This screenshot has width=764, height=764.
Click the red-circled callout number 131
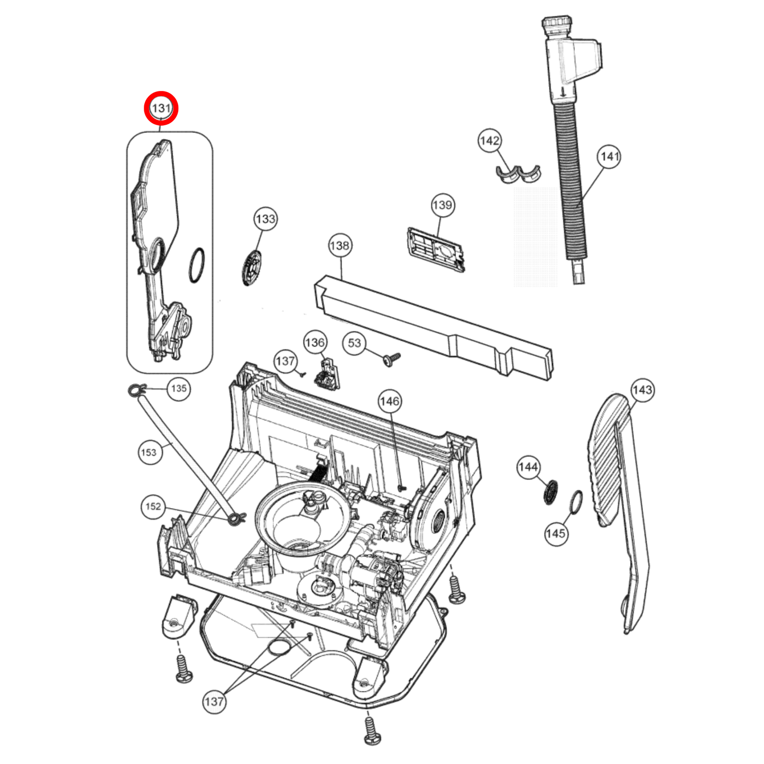[161, 108]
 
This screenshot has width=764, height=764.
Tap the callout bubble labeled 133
[265, 219]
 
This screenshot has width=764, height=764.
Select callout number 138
[339, 245]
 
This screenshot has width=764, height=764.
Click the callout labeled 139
[442, 205]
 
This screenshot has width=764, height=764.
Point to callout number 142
[490, 141]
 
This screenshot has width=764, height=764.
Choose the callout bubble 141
[609, 157]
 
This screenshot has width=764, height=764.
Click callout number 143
[642, 390]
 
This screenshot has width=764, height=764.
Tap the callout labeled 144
[528, 467]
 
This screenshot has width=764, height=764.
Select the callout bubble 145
[556, 533]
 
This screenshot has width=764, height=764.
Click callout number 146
[390, 401]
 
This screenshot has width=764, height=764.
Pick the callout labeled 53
[354, 343]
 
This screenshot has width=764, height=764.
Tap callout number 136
[315, 343]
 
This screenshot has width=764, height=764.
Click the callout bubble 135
[179, 389]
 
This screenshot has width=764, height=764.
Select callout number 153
[149, 453]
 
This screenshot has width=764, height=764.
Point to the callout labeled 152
[153, 507]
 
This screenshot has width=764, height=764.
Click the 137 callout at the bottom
[214, 702]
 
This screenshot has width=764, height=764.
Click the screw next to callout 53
[392, 358]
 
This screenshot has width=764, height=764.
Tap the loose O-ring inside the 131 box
[197, 266]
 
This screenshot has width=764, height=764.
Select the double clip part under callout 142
[518, 174]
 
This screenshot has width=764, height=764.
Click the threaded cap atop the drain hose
[557, 25]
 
